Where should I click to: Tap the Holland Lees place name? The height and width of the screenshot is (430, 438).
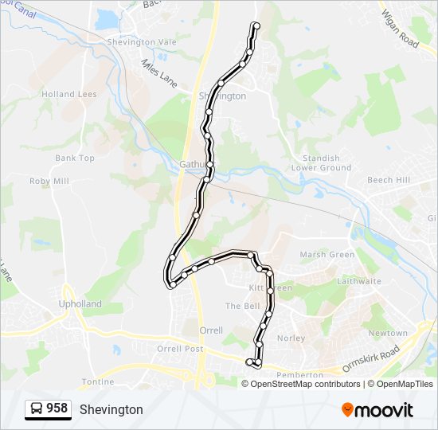69,94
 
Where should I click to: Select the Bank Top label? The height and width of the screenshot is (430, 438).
75,158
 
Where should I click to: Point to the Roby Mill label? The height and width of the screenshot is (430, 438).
49,181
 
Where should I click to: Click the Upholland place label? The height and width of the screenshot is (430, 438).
80,304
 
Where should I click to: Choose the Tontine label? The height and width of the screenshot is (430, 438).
97,381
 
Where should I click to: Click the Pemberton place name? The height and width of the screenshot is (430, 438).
299,374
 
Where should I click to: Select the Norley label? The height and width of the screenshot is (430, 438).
291,338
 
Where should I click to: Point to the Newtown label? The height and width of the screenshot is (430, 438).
388,333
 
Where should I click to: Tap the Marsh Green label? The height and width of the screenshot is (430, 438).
327,255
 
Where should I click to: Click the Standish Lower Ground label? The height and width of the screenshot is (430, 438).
321,163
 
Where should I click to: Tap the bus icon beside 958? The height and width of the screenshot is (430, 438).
37,409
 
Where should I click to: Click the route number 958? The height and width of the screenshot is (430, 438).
57,408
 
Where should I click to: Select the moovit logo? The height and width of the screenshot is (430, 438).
377,410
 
